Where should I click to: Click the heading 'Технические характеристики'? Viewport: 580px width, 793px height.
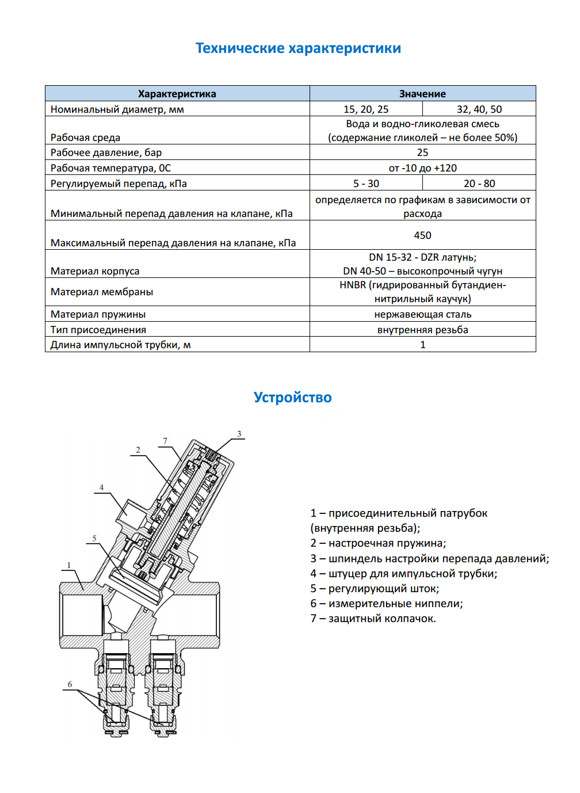click(x=298, y=48)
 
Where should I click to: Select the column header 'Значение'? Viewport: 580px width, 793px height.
click(x=422, y=94)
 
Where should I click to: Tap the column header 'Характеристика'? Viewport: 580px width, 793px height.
click(x=177, y=94)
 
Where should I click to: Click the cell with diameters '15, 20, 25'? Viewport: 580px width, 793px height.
click(x=366, y=109)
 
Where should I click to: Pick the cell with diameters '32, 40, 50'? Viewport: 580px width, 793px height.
click(x=479, y=109)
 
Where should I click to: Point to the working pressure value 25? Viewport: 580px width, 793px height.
click(x=422, y=152)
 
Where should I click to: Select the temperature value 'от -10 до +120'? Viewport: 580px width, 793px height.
click(x=422, y=168)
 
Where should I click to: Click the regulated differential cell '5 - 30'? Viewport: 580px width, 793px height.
click(x=366, y=184)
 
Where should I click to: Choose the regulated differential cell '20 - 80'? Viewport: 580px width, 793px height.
click(x=479, y=184)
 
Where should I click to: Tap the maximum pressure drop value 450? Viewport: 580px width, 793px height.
click(x=422, y=235)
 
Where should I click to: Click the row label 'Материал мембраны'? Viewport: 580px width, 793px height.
click(x=102, y=292)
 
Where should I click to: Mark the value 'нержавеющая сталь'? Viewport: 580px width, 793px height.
click(x=422, y=314)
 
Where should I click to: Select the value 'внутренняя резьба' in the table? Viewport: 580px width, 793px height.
click(x=422, y=330)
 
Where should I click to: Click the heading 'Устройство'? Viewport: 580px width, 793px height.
click(x=292, y=398)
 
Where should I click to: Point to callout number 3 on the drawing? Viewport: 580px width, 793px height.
click(x=239, y=434)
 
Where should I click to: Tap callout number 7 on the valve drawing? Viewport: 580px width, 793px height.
click(x=165, y=441)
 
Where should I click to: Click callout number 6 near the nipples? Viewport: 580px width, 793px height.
click(x=70, y=684)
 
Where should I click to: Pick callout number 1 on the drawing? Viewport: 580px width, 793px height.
click(x=69, y=565)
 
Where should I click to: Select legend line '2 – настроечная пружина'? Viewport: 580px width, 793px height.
click(x=378, y=543)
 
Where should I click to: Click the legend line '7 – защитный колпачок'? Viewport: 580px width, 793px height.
click(x=373, y=619)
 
